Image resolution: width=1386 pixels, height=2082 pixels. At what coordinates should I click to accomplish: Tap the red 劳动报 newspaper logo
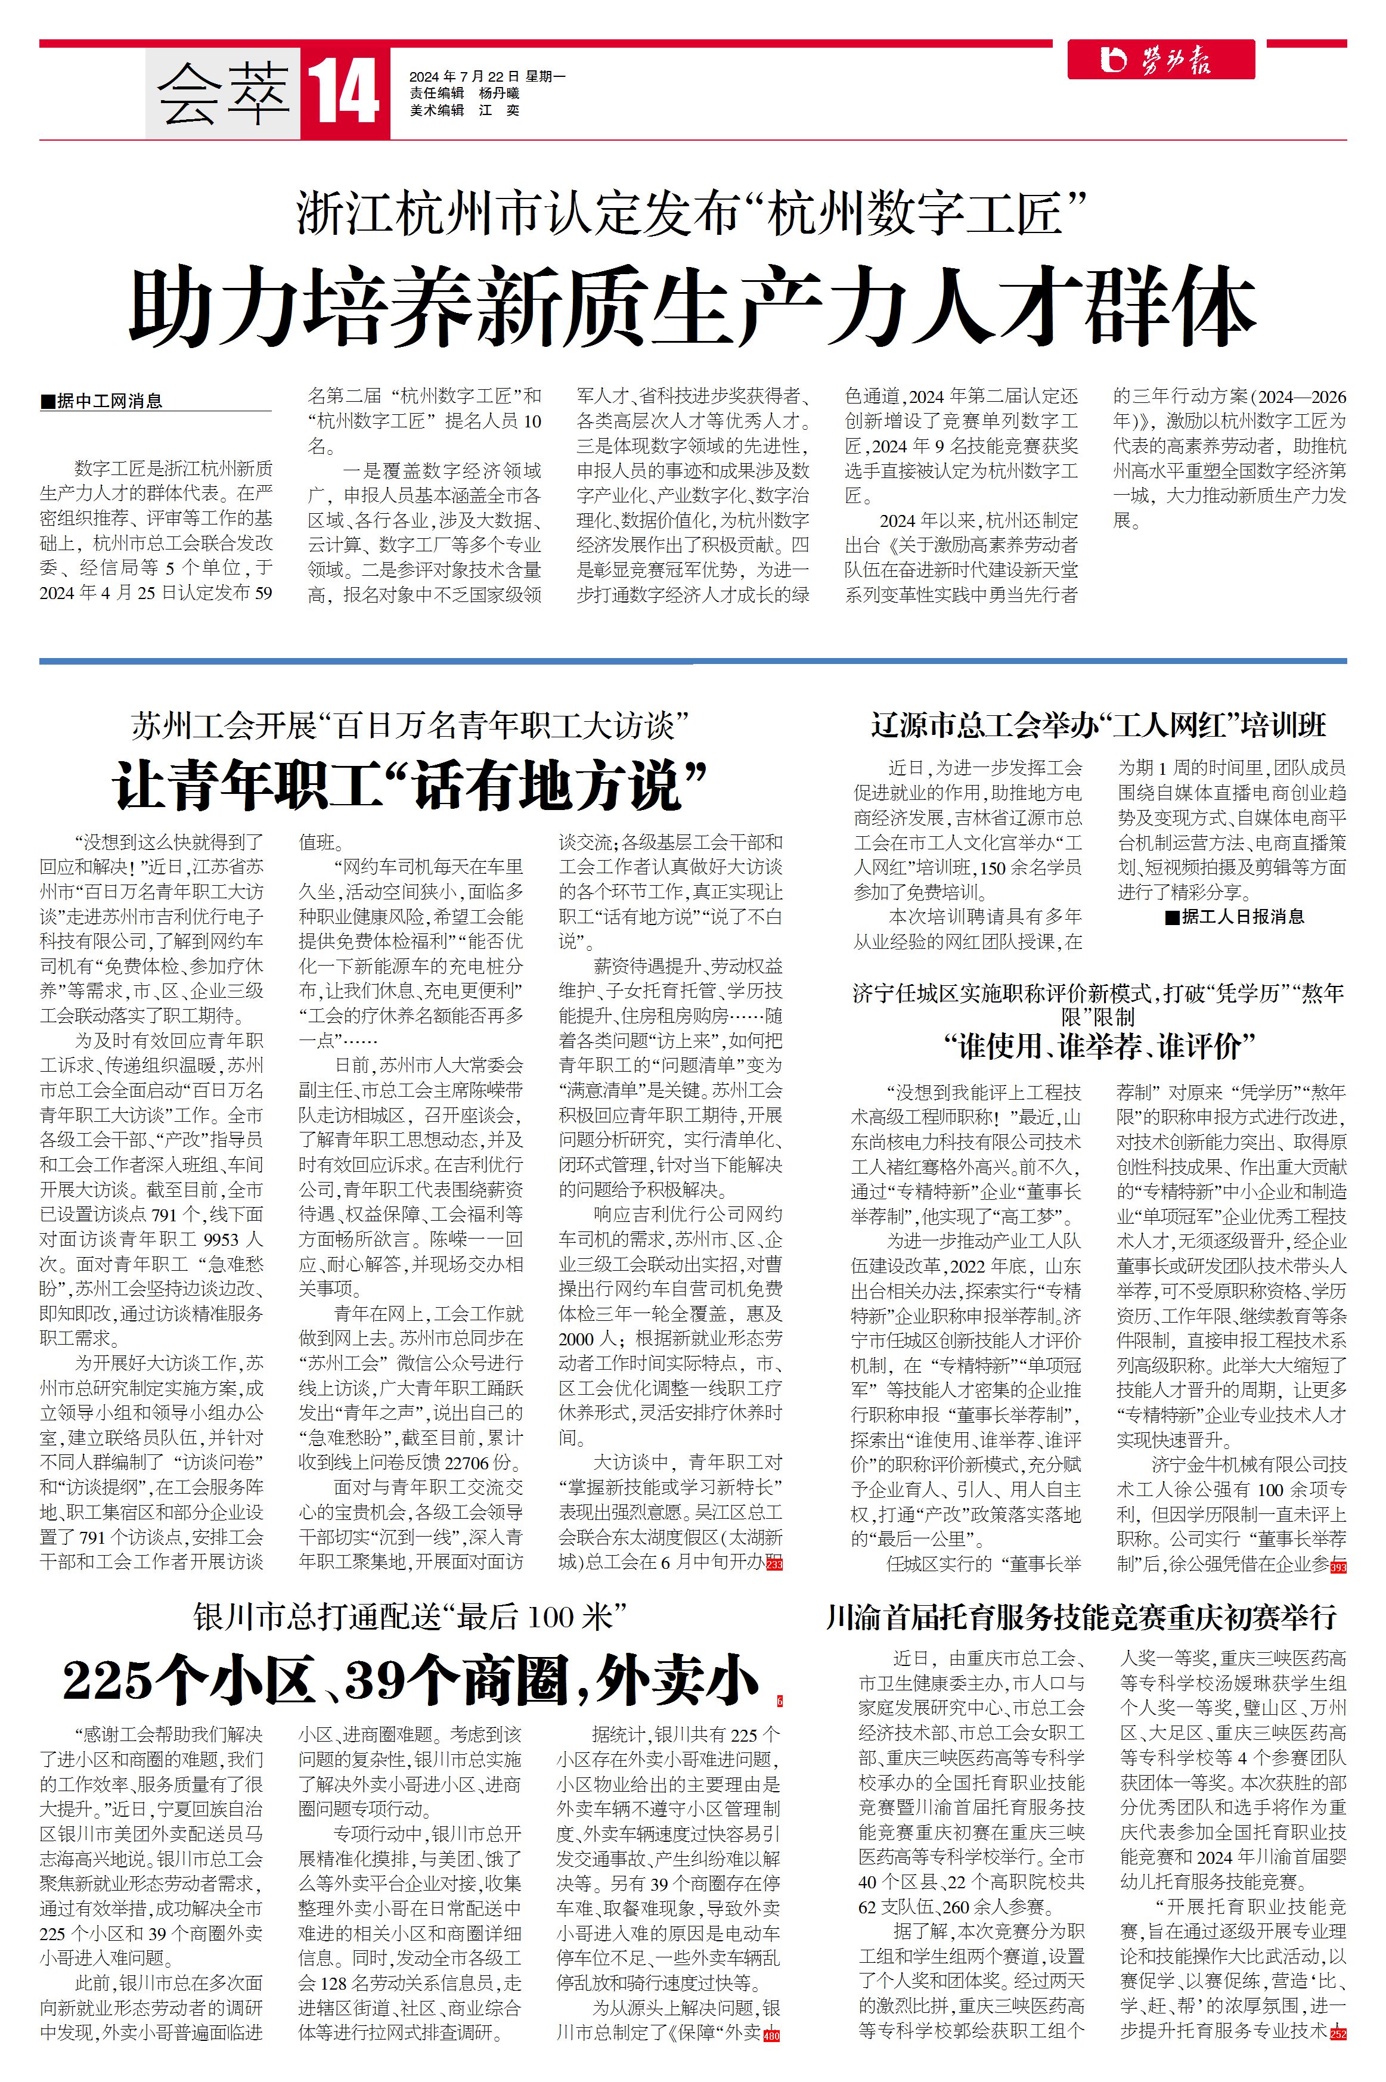(1161, 60)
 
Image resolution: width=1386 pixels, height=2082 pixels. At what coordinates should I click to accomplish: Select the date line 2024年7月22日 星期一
(487, 77)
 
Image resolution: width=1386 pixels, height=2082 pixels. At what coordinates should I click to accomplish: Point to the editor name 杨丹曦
(500, 94)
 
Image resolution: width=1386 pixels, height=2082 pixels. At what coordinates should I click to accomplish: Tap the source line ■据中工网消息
(103, 401)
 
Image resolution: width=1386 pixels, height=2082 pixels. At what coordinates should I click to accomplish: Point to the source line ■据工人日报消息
(1234, 916)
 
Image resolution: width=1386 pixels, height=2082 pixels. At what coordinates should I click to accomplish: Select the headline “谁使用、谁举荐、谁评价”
(1099, 1047)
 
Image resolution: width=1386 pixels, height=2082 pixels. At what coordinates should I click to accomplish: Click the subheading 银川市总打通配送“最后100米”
(410, 1617)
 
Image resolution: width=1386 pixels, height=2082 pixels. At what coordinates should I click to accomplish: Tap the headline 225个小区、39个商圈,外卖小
(410, 1680)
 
